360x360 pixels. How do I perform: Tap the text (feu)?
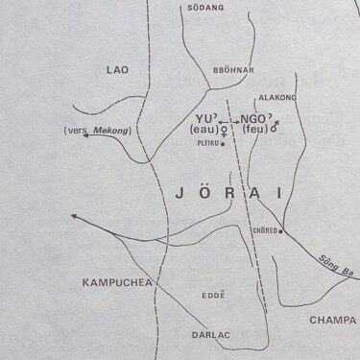[x=255, y=128]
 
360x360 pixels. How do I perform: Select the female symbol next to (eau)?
[x=225, y=128]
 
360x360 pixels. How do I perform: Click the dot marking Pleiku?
[x=223, y=144]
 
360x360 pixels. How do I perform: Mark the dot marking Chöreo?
[x=280, y=231]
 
